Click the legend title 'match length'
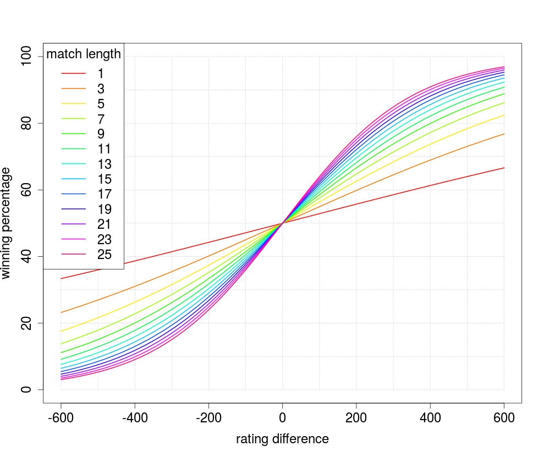[84, 54]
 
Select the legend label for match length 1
[101, 74]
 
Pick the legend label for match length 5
[101, 104]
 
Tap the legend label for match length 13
[104, 164]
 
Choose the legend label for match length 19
[104, 210]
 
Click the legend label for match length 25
[104, 255]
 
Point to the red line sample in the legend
[74, 74]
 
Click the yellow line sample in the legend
[74, 104]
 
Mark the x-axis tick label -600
[61, 418]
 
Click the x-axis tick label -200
[208, 418]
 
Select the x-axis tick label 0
[283, 418]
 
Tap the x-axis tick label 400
[430, 418]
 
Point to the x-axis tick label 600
[504, 418]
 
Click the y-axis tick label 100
[26, 57]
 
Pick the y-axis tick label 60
[26, 190]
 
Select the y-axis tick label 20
[26, 323]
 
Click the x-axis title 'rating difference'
[282, 439]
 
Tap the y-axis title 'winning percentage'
[7, 223]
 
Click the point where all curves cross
[283, 223]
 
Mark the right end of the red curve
[504, 168]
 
